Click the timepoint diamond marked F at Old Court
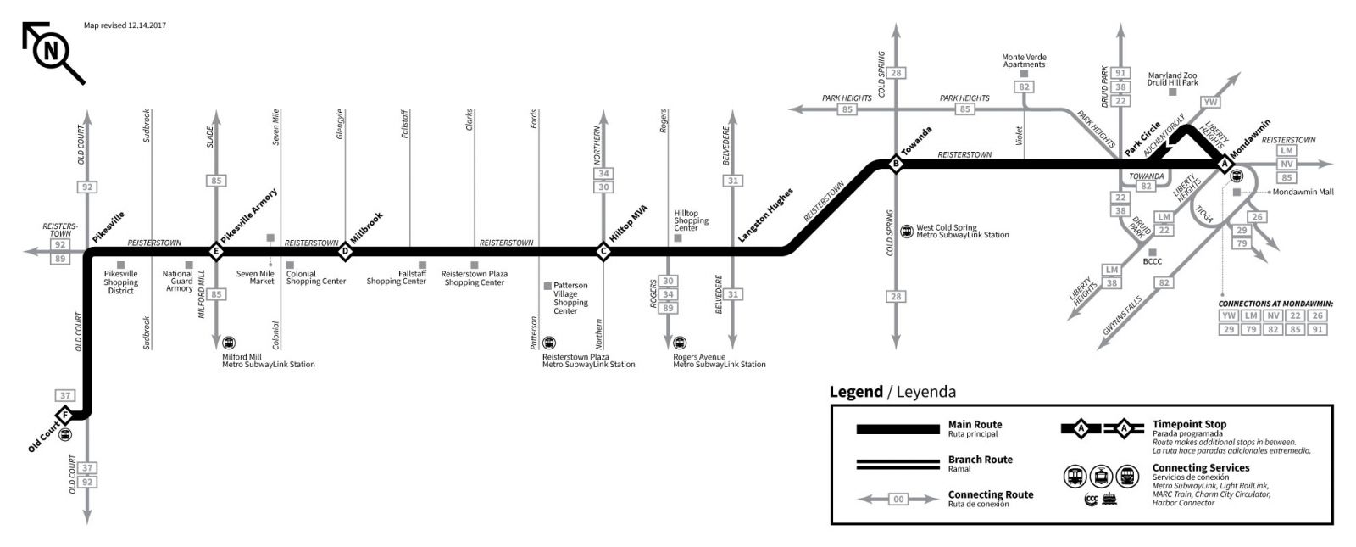64,415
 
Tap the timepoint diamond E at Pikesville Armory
216,251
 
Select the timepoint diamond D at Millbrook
345,251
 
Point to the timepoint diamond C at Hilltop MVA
603,251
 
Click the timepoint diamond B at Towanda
895,164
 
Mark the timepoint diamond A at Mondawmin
1224,165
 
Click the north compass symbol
51,52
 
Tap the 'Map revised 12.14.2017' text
125,25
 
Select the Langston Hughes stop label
764,216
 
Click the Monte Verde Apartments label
1024,61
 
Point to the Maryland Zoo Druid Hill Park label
1172,79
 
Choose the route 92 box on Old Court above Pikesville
87,187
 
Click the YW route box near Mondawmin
1210,102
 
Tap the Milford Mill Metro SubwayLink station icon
229,343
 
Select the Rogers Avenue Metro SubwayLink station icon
680,343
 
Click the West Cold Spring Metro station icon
908,229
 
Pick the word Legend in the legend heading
855,392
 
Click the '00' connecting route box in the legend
898,500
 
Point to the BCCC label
1152,261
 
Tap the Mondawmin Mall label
1303,192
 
